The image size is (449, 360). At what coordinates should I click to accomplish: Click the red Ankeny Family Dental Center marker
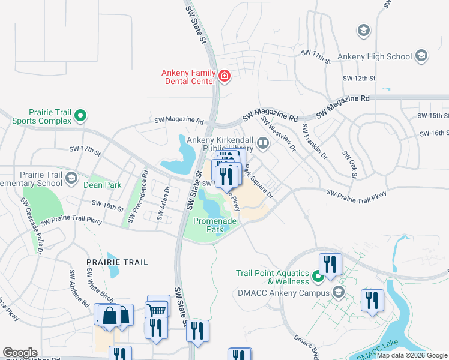coord(224,76)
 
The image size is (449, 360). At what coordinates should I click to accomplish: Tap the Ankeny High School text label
coord(375,57)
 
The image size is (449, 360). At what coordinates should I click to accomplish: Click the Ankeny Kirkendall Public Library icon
coord(262,143)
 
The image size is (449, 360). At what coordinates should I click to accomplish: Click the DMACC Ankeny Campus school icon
coord(338,292)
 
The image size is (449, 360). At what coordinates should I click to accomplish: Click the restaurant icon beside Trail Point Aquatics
coord(330,263)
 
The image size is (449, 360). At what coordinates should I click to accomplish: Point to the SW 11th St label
coord(316,57)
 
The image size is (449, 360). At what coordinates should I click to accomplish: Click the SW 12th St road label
coord(358,79)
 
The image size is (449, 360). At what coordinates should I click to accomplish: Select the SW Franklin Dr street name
coord(315,142)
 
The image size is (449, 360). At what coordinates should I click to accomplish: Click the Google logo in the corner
coord(20,353)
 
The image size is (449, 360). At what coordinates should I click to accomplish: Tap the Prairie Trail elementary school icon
coord(72,178)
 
